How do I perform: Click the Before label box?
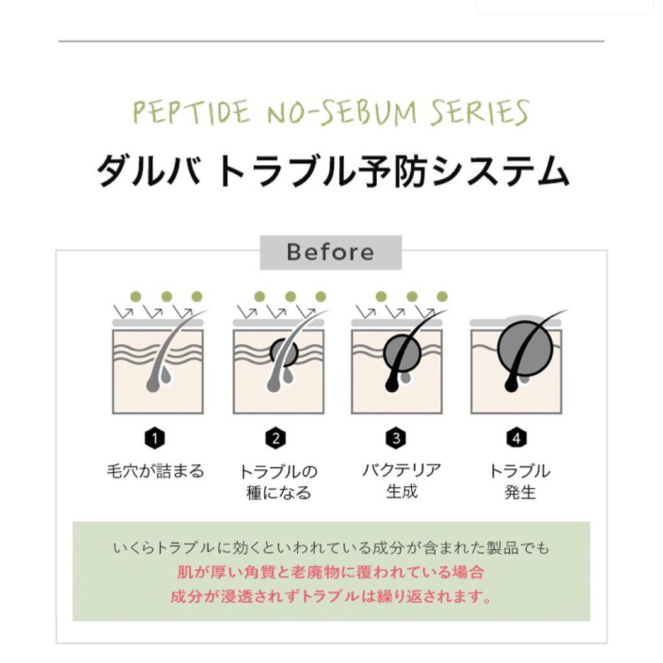tap(330, 252)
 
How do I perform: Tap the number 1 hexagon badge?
tap(154, 438)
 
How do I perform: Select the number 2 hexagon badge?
tap(275, 438)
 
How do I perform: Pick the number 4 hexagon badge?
tap(517, 438)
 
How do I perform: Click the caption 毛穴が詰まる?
tap(155, 471)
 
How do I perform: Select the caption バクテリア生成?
tap(401, 480)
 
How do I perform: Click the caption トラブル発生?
tap(519, 481)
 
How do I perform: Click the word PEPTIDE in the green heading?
tap(191, 113)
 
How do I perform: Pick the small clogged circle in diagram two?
tap(284, 353)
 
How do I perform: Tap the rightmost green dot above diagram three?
tap(442, 297)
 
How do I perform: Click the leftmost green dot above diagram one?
tap(135, 297)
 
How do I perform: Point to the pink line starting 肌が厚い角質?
tap(330, 572)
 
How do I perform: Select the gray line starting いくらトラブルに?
tap(330, 548)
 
